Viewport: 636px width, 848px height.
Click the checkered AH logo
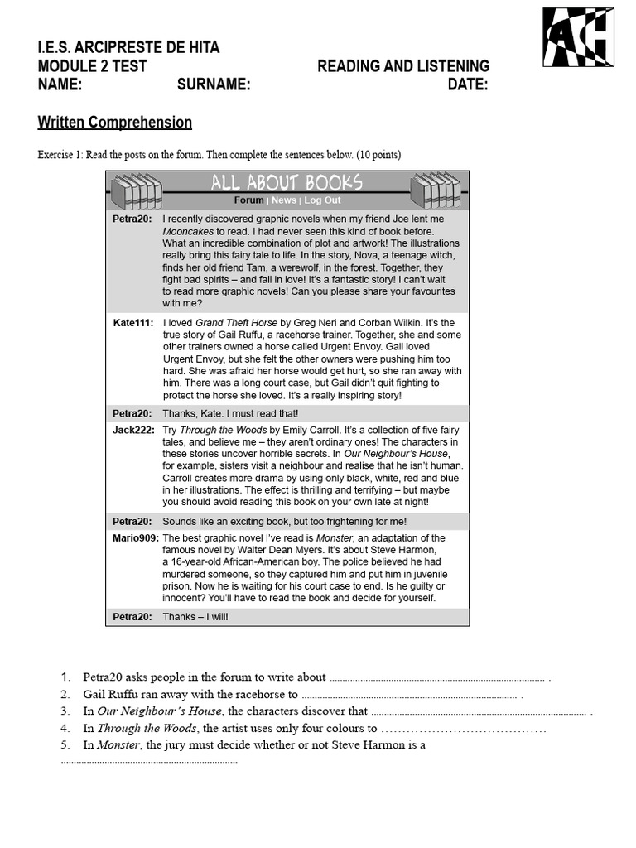(x=578, y=37)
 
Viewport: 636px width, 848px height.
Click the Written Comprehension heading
(x=115, y=123)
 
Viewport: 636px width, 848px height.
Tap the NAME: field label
(x=60, y=84)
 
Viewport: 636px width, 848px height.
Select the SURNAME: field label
(x=214, y=84)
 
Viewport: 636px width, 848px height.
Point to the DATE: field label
(x=468, y=84)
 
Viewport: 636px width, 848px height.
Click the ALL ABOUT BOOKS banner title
(x=287, y=183)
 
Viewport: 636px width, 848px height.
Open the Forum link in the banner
(x=248, y=200)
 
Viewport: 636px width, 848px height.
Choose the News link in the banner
(x=284, y=200)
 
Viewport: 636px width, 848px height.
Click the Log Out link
(x=322, y=200)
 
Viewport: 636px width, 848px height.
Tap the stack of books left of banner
(x=137, y=191)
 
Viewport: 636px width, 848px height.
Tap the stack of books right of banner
(x=435, y=191)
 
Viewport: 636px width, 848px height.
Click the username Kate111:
(x=132, y=323)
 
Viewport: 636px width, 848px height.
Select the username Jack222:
(x=132, y=431)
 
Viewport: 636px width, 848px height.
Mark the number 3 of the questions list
(x=65, y=711)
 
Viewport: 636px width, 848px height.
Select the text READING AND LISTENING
(x=403, y=66)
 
